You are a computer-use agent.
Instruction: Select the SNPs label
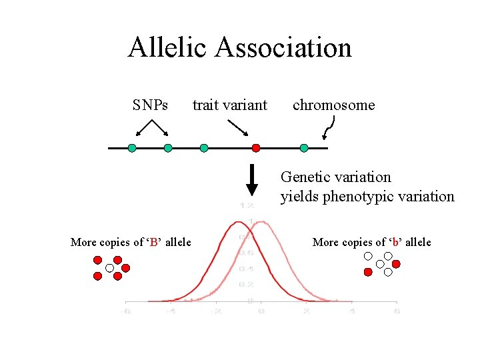[x=150, y=105]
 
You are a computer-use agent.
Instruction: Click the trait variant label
[x=229, y=105]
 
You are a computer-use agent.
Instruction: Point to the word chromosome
[x=333, y=105]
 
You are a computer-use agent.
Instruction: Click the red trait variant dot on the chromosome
[x=255, y=148]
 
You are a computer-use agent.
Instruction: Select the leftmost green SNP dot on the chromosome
[x=132, y=148]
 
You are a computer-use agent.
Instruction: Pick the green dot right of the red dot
[x=304, y=148]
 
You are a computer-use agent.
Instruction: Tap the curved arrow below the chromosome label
[x=329, y=127]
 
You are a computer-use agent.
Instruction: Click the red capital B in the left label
[x=154, y=242]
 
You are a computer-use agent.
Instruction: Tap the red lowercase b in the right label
[x=395, y=242]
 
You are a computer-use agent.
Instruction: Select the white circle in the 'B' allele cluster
[x=109, y=268]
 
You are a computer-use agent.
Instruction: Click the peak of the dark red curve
[x=238, y=222]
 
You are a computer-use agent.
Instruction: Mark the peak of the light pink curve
[x=261, y=222]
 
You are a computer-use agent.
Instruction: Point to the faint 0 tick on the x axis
[x=261, y=311]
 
